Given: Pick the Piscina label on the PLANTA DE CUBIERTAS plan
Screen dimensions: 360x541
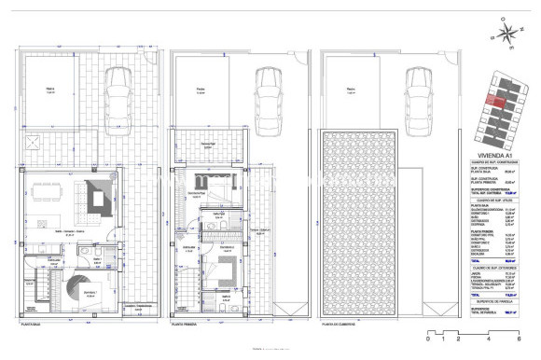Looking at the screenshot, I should (350, 90).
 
